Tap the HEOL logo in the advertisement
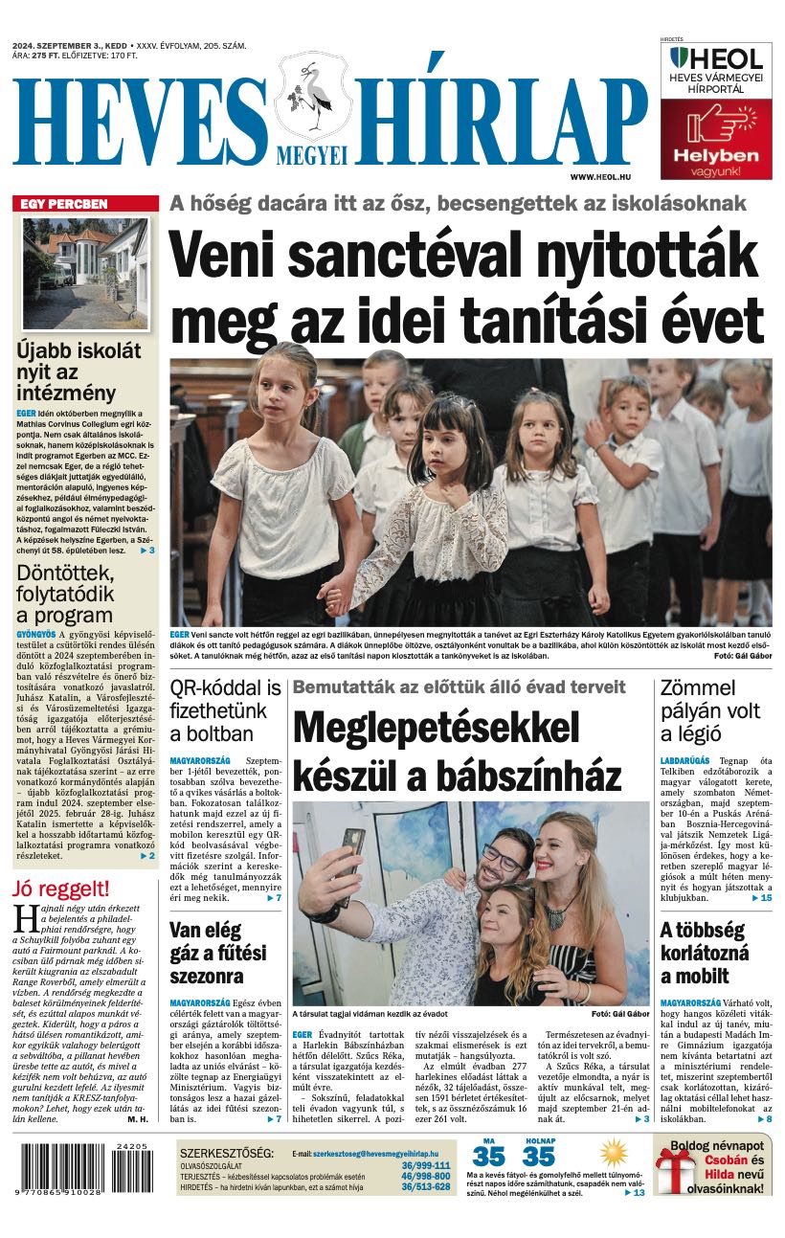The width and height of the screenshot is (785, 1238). pyautogui.click(x=716, y=58)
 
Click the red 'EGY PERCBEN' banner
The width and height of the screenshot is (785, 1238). pyautogui.click(x=85, y=203)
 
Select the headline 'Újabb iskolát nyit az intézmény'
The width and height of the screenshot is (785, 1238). pyautogui.click(x=78, y=371)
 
